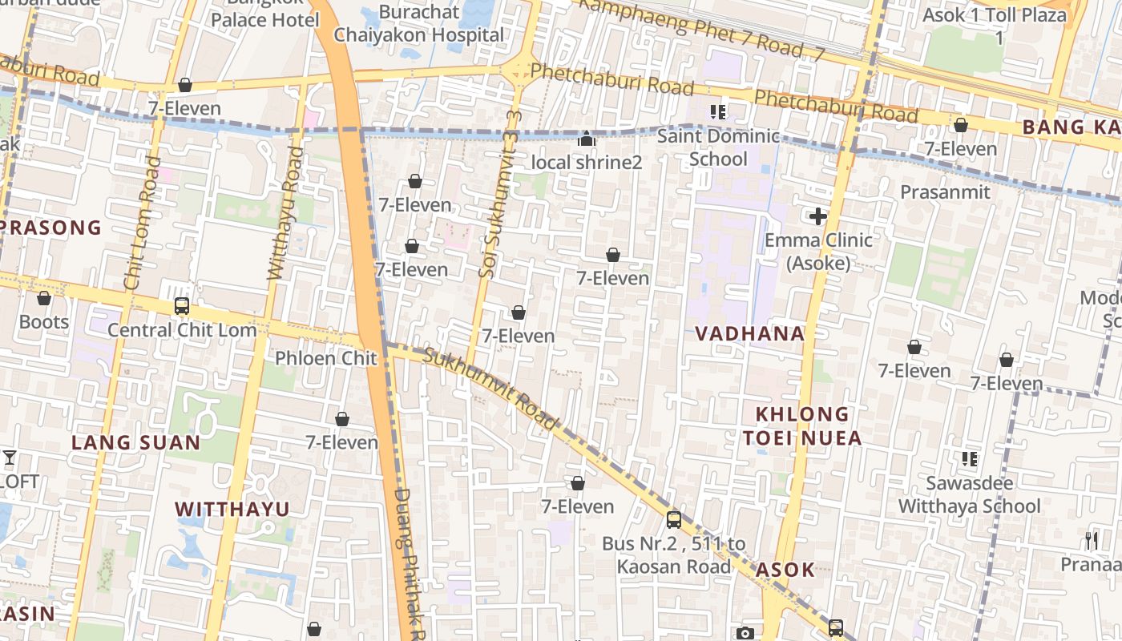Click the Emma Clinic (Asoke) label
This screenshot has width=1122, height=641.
pyautogui.click(x=818, y=251)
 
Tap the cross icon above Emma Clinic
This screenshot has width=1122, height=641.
pyautogui.click(x=818, y=216)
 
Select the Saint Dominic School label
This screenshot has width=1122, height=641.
pyautogui.click(x=718, y=147)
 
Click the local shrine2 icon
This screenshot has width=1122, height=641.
pyautogui.click(x=587, y=139)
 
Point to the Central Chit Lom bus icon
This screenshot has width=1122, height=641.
pyautogui.click(x=182, y=306)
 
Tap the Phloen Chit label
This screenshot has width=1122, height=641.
pyautogui.click(x=325, y=358)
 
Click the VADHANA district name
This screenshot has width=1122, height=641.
pyautogui.click(x=749, y=334)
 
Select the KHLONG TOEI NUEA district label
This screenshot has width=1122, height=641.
pyautogui.click(x=801, y=425)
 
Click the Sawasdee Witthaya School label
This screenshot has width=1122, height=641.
pyautogui.click(x=969, y=494)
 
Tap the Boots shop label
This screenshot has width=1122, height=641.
pyautogui.click(x=44, y=322)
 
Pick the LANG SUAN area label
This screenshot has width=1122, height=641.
pyautogui.click(x=136, y=442)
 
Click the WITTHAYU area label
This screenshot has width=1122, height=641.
pyautogui.click(x=232, y=509)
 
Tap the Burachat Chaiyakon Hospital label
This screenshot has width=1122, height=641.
pyautogui.click(x=419, y=23)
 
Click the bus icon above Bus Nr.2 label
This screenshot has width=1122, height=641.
pyautogui.click(x=674, y=519)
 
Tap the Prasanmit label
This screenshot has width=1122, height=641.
pyautogui.click(x=945, y=192)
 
